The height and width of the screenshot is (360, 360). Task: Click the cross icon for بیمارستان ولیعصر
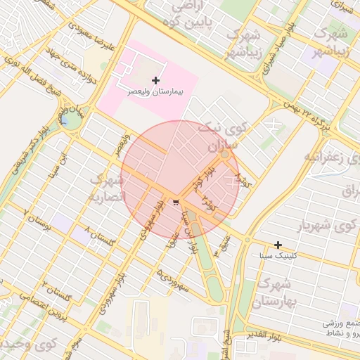tap(155, 81)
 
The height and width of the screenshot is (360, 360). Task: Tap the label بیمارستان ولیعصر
tap(155, 92)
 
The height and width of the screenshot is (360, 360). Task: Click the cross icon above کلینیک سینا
tap(278, 245)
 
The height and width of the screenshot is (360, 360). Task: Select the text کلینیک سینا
tap(278, 256)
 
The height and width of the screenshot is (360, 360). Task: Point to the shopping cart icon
tap(174, 202)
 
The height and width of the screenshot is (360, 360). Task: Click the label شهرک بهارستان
tap(273, 292)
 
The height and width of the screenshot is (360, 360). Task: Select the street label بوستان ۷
tap(38, 217)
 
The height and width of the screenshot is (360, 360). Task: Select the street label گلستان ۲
tap(56, 290)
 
